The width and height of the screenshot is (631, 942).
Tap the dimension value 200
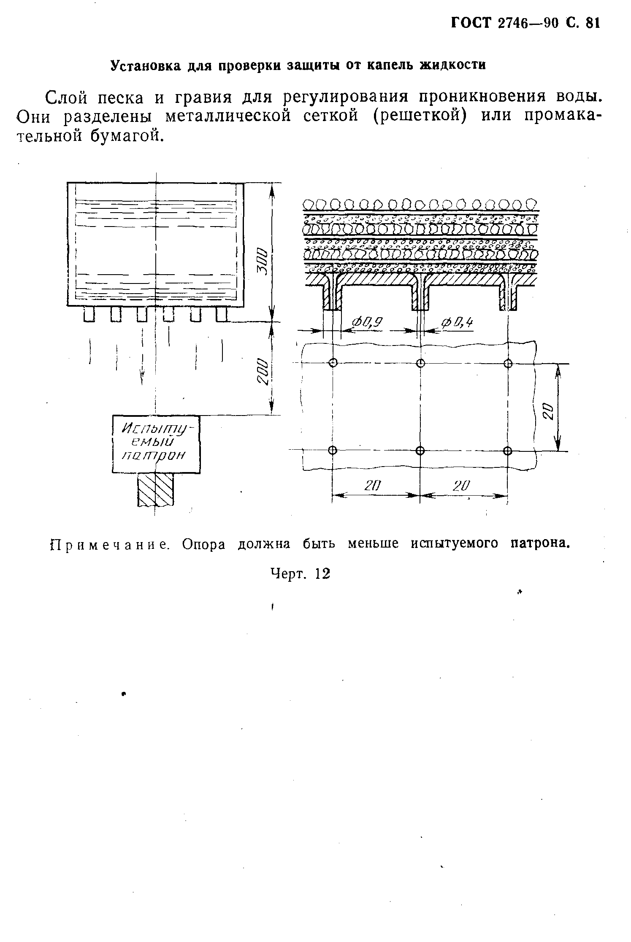(x=263, y=371)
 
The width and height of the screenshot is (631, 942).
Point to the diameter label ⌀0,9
(x=367, y=324)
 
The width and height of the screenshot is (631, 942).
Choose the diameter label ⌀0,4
(x=457, y=324)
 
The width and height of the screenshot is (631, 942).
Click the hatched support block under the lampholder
(x=155, y=489)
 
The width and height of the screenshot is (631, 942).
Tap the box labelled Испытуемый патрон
(x=156, y=444)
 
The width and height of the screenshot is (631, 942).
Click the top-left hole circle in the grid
(x=333, y=363)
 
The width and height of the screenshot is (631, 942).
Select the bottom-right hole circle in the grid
(x=507, y=451)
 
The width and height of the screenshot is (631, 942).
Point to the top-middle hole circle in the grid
(x=420, y=363)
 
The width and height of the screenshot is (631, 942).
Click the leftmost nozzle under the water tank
(x=89, y=314)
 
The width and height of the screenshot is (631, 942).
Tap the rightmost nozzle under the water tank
(x=222, y=314)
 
